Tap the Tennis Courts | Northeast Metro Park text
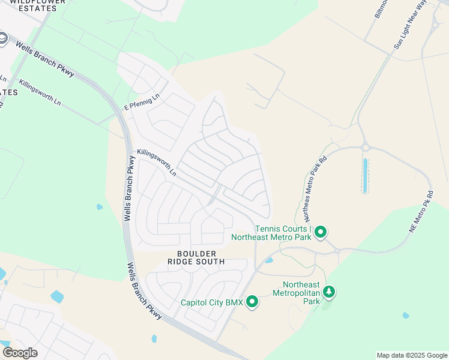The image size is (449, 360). pyautogui.click(x=283, y=233)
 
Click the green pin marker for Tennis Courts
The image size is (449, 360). pyautogui.click(x=321, y=232)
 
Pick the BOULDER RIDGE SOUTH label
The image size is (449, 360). pyautogui.click(x=196, y=258)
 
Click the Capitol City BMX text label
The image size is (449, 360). pyautogui.click(x=212, y=302)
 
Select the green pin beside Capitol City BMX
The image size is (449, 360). pyautogui.click(x=252, y=302)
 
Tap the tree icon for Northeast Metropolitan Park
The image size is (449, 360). pyautogui.click(x=329, y=292)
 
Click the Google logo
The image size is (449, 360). pyautogui.click(x=20, y=352)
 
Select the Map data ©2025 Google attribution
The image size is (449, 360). pyautogui.click(x=412, y=355)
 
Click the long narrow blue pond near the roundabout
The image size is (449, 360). pyautogui.click(x=364, y=176)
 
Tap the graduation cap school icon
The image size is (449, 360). pyautogui.click(x=2, y=40)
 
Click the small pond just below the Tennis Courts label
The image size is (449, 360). pyautogui.click(x=269, y=260)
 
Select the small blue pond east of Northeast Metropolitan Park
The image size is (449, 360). pyautogui.click(x=406, y=315)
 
